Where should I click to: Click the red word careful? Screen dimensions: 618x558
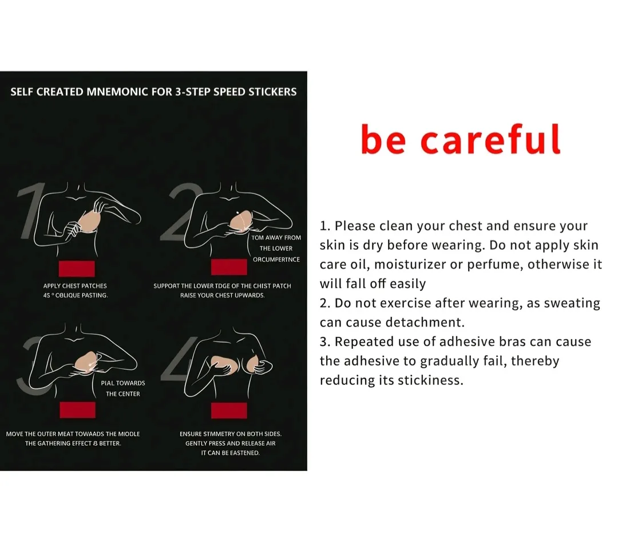coord(491,139)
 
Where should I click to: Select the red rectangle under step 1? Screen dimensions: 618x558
coord(77,268)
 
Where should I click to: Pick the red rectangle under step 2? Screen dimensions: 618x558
coord(229,267)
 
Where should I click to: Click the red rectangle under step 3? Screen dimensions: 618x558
coord(78,410)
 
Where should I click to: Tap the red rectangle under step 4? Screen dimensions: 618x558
coord(229,410)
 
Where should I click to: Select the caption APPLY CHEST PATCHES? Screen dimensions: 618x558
coord(75,286)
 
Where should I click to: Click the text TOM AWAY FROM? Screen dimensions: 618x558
coord(276,238)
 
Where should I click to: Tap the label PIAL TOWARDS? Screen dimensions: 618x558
coord(123,383)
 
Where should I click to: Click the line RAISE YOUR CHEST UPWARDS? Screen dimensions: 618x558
coord(222,295)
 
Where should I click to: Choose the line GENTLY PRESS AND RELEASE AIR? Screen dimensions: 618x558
coord(231,443)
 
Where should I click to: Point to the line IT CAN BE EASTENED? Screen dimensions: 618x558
coord(231,453)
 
